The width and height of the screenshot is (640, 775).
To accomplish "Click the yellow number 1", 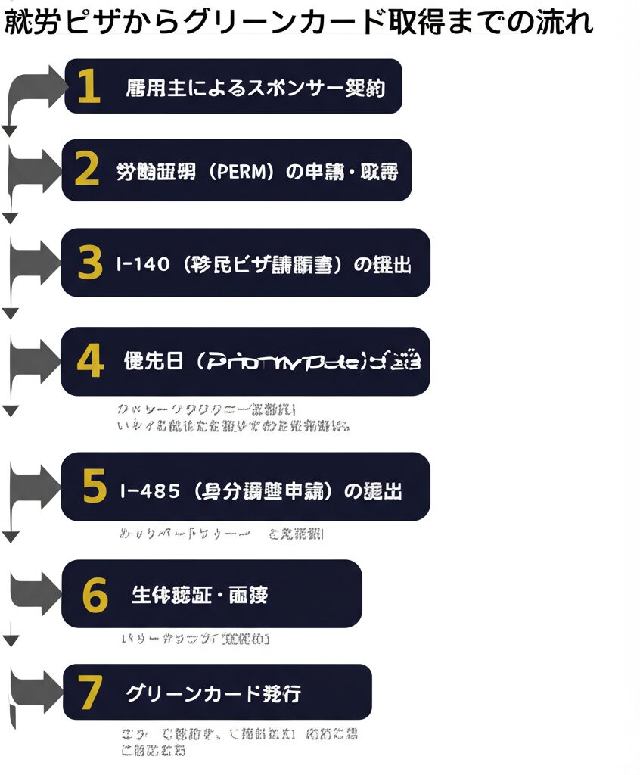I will tap(89, 86).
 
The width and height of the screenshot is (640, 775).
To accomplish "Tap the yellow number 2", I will tap(87, 170).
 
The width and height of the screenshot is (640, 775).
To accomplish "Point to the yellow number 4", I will tap(90, 362).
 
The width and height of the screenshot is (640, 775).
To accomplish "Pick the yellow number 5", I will tap(94, 487).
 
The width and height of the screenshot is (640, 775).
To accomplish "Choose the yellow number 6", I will tap(95, 594).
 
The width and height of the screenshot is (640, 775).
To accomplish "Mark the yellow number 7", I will tap(90, 692).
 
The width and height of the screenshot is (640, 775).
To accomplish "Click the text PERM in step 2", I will tap(238, 172).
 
